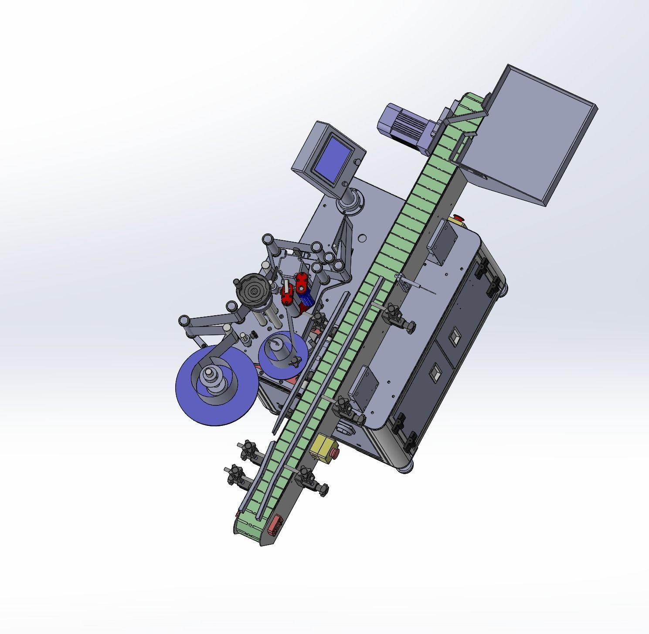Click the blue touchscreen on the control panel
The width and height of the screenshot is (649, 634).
(x=333, y=159)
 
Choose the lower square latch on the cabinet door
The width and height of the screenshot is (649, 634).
(x=435, y=374)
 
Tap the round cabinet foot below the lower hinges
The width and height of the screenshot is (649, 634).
(x=404, y=468)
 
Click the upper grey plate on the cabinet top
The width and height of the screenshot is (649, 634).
(x=443, y=241)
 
